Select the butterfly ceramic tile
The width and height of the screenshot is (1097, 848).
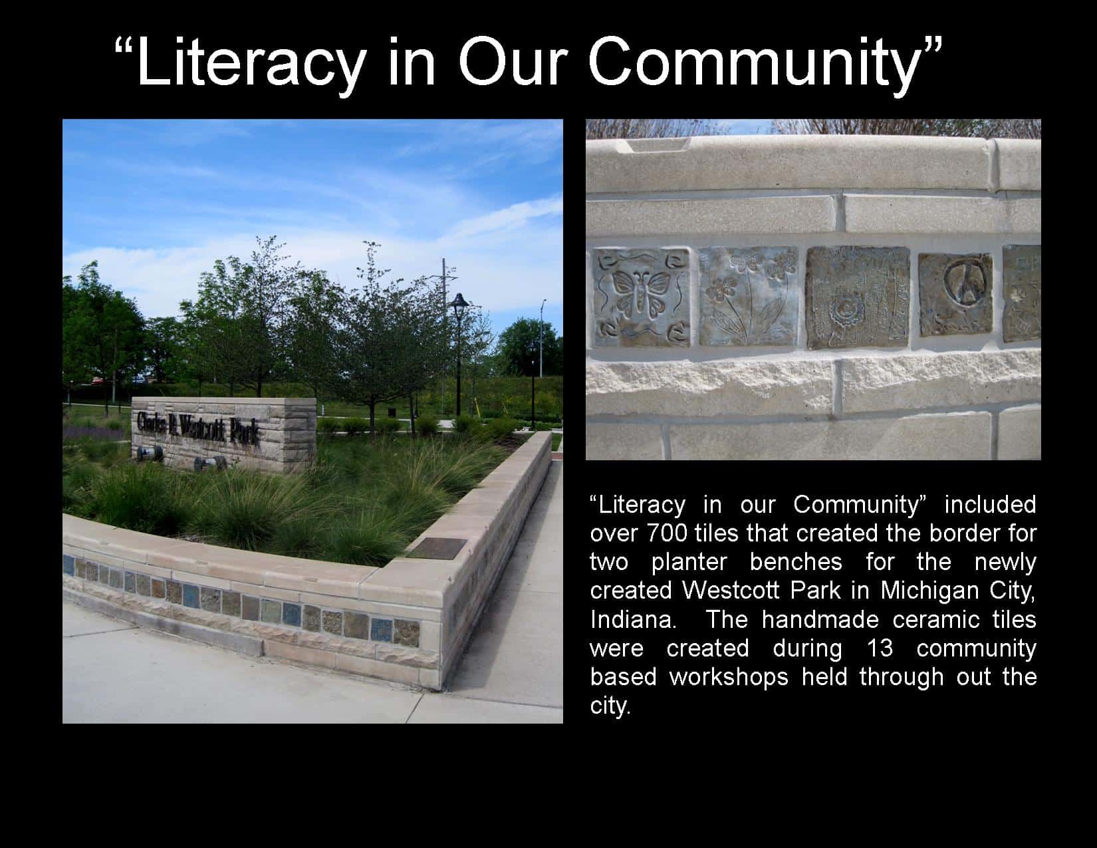click(641, 297)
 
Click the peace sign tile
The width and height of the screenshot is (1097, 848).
click(955, 295)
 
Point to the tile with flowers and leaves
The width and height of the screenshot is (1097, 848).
click(748, 297)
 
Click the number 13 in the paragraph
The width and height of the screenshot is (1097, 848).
click(880, 648)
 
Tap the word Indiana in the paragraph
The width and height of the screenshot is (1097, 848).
click(633, 620)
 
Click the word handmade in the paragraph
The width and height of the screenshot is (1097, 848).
click(820, 620)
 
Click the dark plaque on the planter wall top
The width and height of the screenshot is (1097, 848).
click(437, 549)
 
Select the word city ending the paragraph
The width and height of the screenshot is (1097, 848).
click(610, 706)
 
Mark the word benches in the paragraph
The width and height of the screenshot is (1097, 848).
click(796, 562)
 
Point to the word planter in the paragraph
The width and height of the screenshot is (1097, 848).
click(689, 562)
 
